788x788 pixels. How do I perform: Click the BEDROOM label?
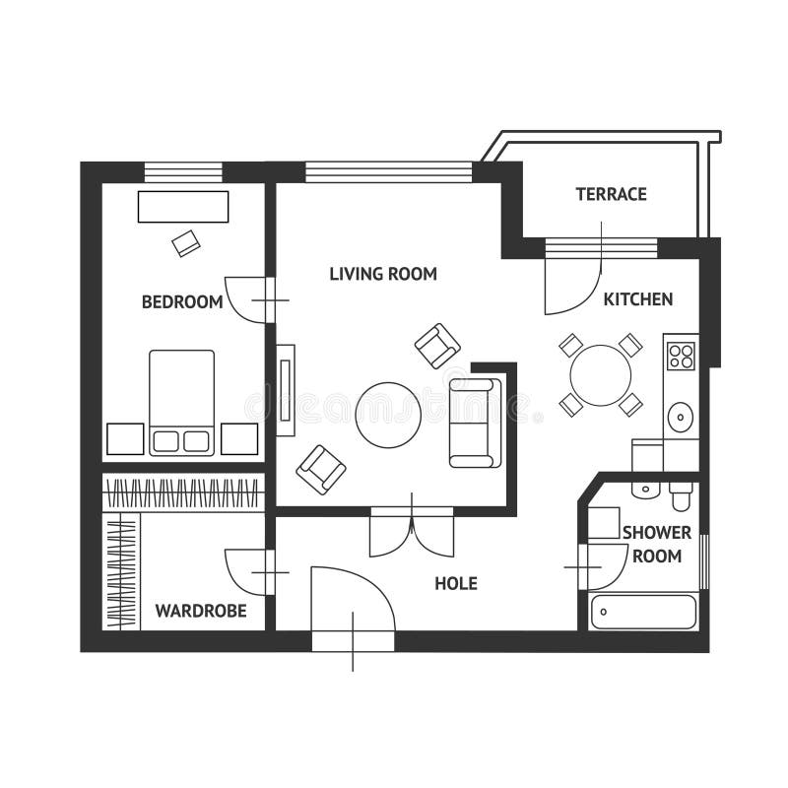pyautogui.click(x=182, y=301)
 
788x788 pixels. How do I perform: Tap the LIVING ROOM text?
pyautogui.click(x=382, y=274)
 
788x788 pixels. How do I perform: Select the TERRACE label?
pyautogui.click(x=611, y=194)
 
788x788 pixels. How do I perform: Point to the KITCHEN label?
pyautogui.click(x=638, y=298)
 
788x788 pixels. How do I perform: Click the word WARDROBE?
pyautogui.click(x=201, y=611)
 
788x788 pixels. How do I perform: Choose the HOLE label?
pyautogui.click(x=455, y=583)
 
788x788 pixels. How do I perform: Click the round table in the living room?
pyautogui.click(x=388, y=415)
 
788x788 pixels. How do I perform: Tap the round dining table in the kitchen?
pyautogui.click(x=601, y=374)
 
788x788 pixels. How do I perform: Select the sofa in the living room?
pyautogui.click(x=474, y=422)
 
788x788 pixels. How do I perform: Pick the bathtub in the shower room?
pyautogui.click(x=643, y=612)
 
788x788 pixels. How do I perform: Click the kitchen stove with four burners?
pyautogui.click(x=681, y=353)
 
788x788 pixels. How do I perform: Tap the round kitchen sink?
pyautogui.click(x=680, y=418)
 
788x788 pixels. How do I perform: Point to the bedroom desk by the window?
pyautogui.click(x=183, y=207)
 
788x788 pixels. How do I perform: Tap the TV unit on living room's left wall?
pyautogui.click(x=286, y=389)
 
